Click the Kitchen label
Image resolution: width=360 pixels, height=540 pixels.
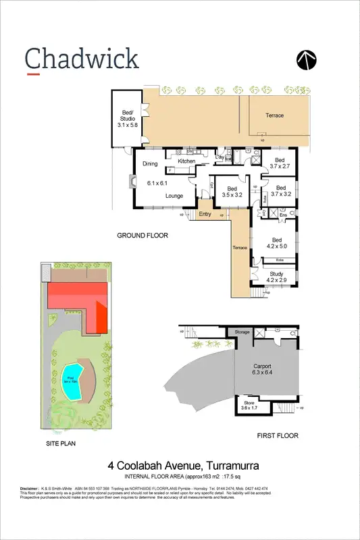point(186,161)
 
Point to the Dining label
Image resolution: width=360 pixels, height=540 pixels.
point(150,164)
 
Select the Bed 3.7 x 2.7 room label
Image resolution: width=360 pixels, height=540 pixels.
point(280,163)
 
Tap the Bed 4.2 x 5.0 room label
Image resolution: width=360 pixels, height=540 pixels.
point(276,243)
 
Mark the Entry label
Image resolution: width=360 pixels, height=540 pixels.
point(205,214)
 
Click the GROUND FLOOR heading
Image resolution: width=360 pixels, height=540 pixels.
point(142,236)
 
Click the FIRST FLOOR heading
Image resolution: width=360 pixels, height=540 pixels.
point(278,437)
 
